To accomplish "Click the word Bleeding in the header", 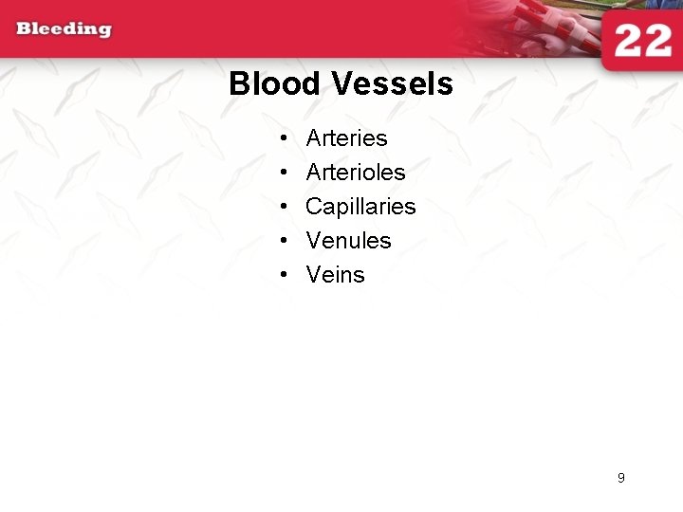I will coord(64,29).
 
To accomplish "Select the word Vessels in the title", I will coord(393,84).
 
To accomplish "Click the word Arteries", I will coord(346,138).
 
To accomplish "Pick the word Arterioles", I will coord(355,173).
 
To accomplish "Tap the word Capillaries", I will coord(360,207).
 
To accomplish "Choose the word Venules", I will coord(348,241).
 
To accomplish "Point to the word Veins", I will coord(335,275).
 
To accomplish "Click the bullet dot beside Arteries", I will coord(285,139).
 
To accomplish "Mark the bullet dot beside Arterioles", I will coord(285,174).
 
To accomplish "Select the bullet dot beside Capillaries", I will coord(285,208).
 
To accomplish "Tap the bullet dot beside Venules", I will coord(285,242).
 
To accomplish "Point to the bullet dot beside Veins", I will coord(285,276).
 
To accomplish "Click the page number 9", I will coord(621,478).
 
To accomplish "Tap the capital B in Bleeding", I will coord(24,29).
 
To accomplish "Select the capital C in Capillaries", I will coord(314,207).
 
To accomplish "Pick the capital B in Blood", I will coord(239,84).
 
